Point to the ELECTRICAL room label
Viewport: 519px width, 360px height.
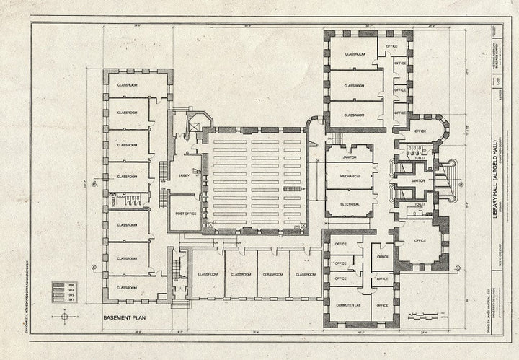(x=350, y=204)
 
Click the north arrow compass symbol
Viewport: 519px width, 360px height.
(x=65, y=316)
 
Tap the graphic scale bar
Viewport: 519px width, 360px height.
(x=425, y=315)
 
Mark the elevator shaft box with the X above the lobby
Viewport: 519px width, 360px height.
(x=193, y=124)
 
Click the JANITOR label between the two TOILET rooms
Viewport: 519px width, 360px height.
(x=418, y=180)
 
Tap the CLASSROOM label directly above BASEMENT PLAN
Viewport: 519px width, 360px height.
(x=127, y=287)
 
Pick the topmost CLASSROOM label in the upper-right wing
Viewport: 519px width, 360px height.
(x=354, y=55)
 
